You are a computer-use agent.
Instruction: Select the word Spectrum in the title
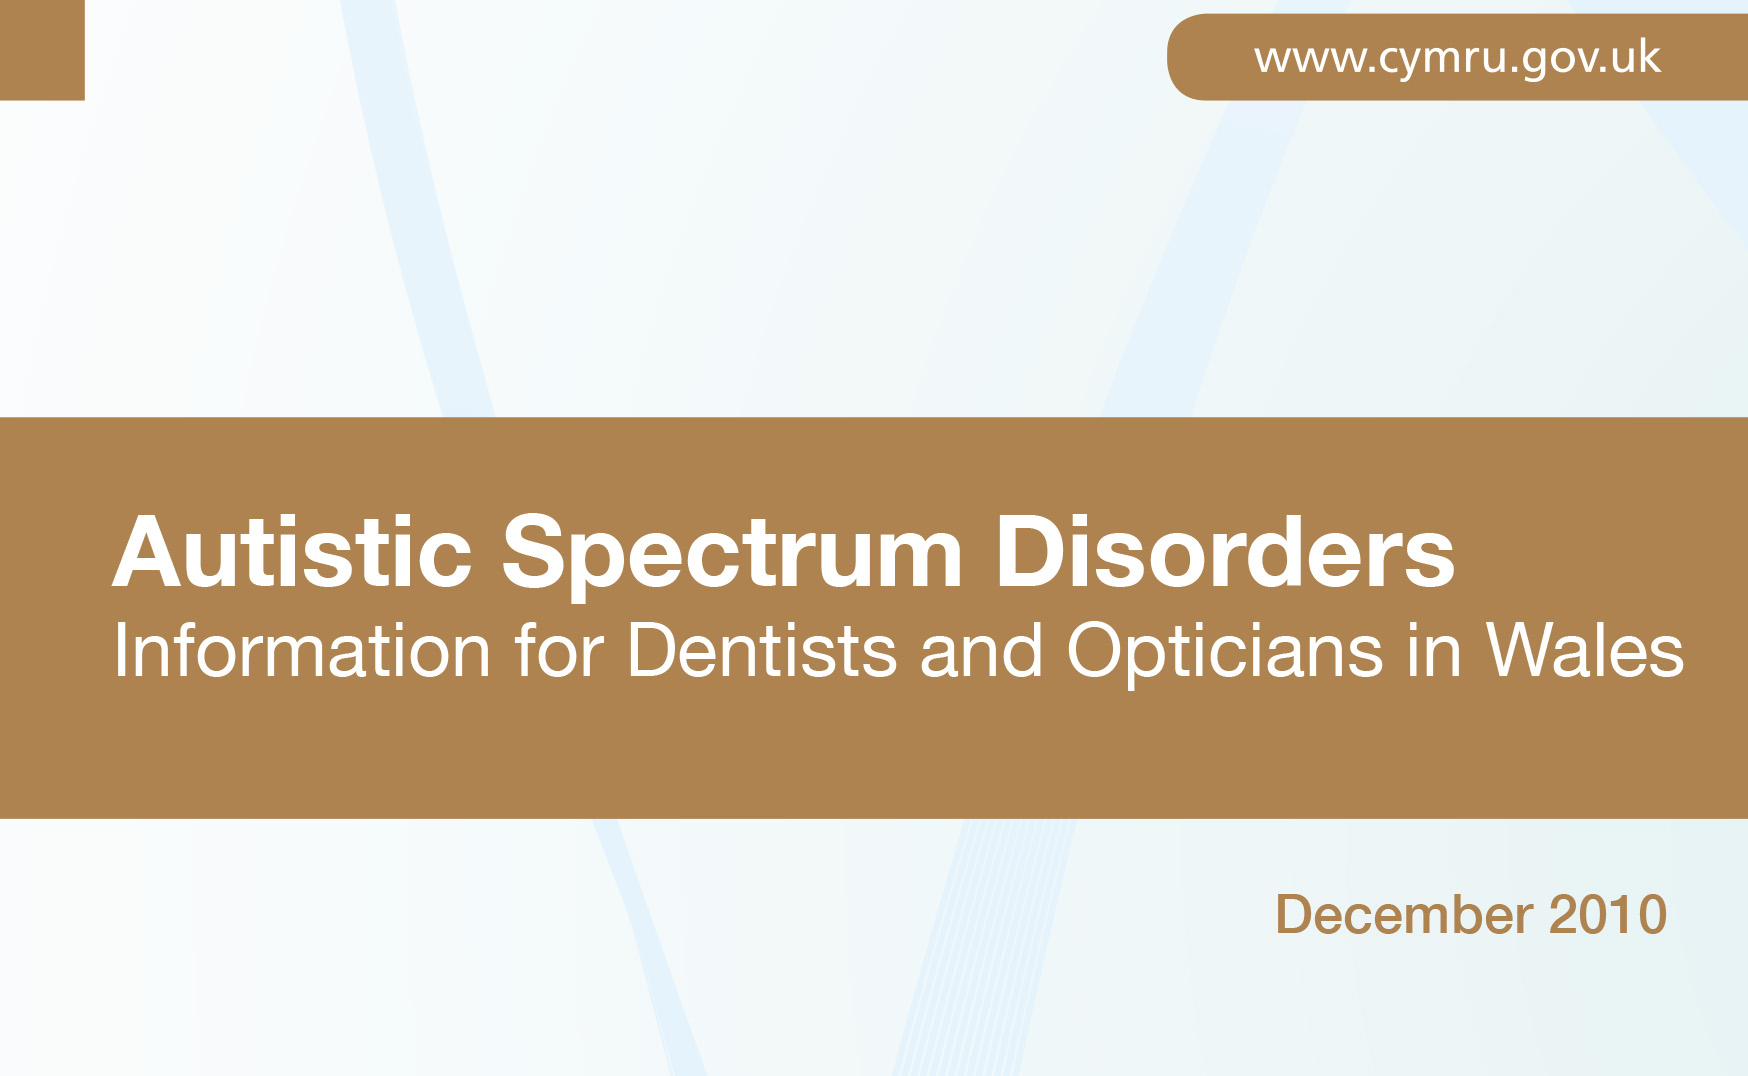coord(732,556)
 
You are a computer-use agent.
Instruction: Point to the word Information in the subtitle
coord(302,651)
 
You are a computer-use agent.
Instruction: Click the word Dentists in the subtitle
coord(762,651)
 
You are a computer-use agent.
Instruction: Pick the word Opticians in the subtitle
coord(1225,655)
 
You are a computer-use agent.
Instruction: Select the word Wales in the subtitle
coord(1585,651)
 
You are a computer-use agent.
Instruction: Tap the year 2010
coord(1608,915)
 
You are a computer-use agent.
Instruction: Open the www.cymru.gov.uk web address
coord(1457,59)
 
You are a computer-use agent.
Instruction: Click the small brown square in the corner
coord(42,50)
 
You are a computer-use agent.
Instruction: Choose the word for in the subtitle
coord(559,651)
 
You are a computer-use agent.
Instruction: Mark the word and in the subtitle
coord(981,651)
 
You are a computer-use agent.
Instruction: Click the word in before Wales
coord(1434,651)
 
